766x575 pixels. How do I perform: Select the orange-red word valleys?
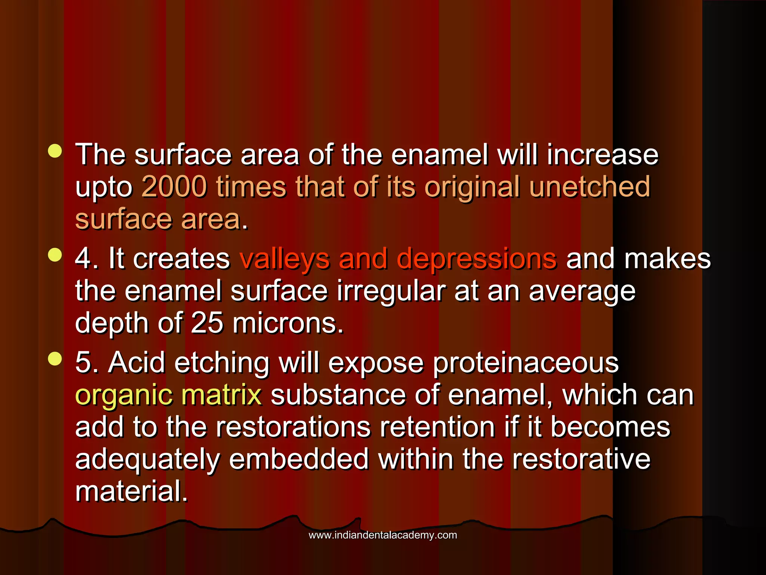(284, 259)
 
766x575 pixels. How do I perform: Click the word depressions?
(477, 259)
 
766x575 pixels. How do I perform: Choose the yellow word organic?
(123, 396)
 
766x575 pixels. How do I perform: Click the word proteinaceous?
(526, 363)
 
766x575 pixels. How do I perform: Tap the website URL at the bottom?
(383, 535)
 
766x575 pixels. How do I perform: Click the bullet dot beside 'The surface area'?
(55, 151)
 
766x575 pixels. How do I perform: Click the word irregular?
(391, 291)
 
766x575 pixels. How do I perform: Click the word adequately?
(147, 460)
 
